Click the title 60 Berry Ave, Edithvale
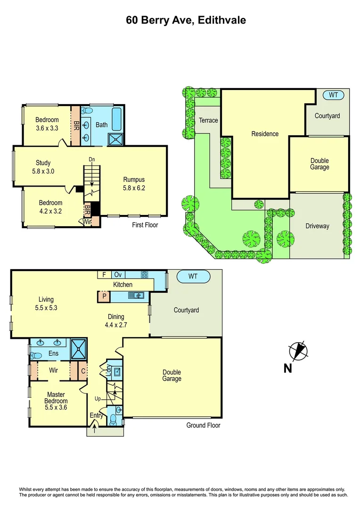pyautogui.click(x=186, y=20)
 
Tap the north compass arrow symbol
pyautogui.click(x=297, y=352)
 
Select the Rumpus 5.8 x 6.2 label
pyautogui.click(x=134, y=183)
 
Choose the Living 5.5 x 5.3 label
pyautogui.click(x=46, y=304)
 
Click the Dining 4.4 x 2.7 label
pyautogui.click(x=116, y=320)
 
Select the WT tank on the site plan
pyautogui.click(x=333, y=95)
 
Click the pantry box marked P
pyautogui.click(x=104, y=297)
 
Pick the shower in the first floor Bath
pyautogui.click(x=115, y=140)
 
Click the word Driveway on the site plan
pyautogui.click(x=317, y=226)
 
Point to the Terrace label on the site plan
pyautogui.click(x=208, y=120)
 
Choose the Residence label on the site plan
pyautogui.click(x=265, y=134)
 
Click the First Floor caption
pyautogui.click(x=145, y=225)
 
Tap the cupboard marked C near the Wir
pyautogui.click(x=82, y=370)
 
